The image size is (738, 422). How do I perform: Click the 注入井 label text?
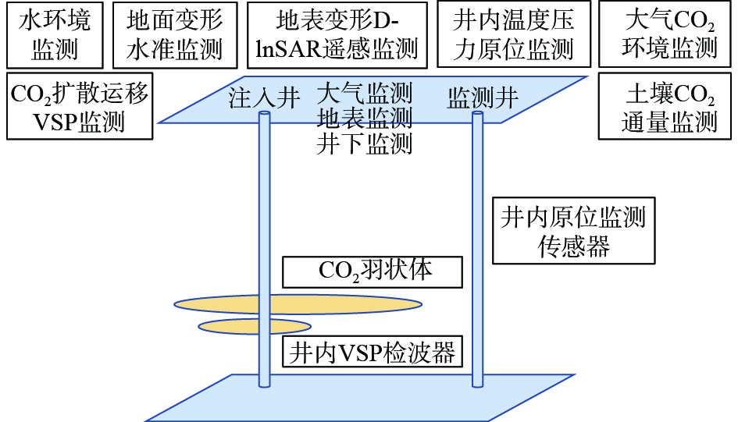(264, 98)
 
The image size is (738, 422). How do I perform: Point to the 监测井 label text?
(483, 98)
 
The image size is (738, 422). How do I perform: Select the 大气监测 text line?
(365, 93)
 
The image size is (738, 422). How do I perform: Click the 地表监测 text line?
(365, 118)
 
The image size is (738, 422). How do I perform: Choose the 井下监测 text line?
(365, 144)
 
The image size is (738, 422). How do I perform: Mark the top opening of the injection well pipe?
(265, 113)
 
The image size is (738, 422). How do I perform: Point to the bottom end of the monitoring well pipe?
(478, 385)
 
